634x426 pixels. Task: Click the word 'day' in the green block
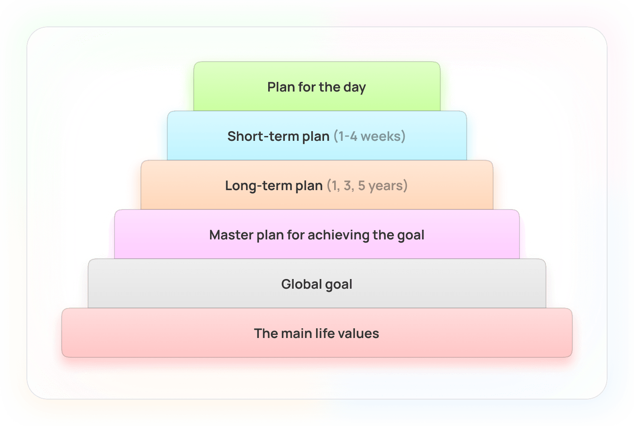[355, 88]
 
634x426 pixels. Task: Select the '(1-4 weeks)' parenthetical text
[370, 136]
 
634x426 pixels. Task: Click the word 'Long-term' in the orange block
[258, 186]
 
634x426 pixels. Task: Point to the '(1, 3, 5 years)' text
[367, 186]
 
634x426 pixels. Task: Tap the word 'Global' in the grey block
[301, 284]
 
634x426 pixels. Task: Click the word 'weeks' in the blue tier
[380, 136]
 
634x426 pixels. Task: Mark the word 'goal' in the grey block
[339, 285]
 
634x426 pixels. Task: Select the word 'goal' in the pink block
[411, 235]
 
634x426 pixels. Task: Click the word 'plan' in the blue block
[316, 137]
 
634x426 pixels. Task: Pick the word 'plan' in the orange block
[309, 186]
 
